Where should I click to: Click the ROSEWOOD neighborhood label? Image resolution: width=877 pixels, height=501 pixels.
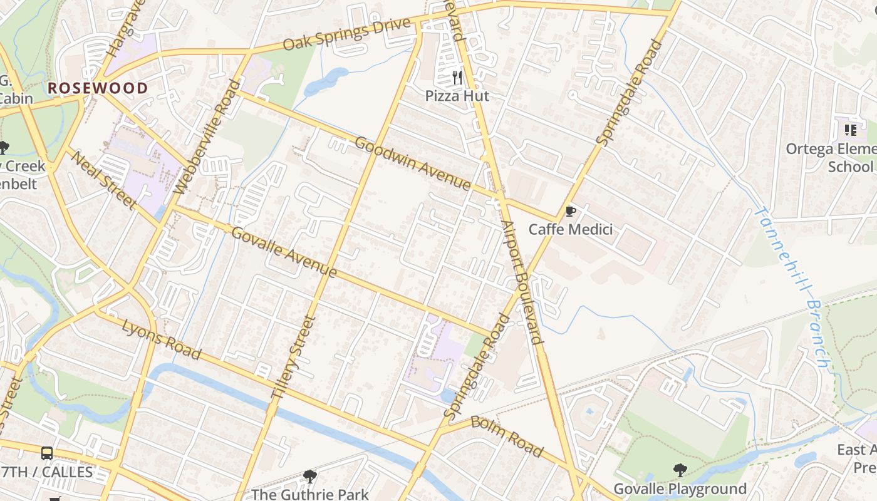coord(98,88)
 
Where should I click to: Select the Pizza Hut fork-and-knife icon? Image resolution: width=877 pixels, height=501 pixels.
coord(457,77)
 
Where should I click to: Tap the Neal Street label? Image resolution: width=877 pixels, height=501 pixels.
coord(103,180)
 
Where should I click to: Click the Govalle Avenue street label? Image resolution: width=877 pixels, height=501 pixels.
coord(284,252)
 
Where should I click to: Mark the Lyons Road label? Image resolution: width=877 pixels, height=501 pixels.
coord(162,340)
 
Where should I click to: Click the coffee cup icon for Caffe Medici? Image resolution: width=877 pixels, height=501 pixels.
coord(570,211)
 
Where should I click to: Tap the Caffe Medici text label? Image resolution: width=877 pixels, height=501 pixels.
coord(570,230)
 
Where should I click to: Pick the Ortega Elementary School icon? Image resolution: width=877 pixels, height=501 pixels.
coord(850,130)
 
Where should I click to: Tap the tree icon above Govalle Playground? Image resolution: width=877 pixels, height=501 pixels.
coord(680,470)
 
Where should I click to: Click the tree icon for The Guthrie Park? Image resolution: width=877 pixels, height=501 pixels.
coord(309,477)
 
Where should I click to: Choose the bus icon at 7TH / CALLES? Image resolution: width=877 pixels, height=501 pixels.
coord(47,453)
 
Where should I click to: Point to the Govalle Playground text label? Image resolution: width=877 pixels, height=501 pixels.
coord(680,489)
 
